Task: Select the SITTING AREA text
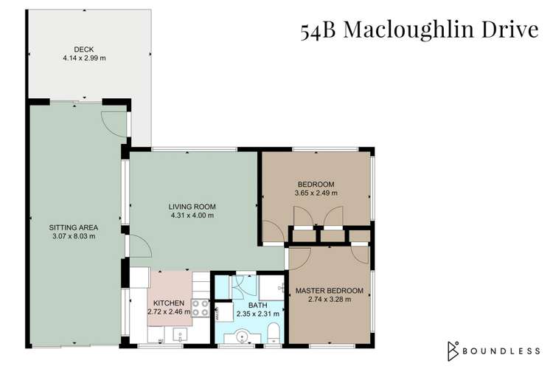pyautogui.click(x=74, y=227)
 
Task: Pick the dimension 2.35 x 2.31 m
pyautogui.click(x=248, y=313)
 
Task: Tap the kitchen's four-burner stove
pyautogui.click(x=200, y=308)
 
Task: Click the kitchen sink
pyautogui.click(x=177, y=337)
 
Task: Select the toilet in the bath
pyautogui.click(x=272, y=331)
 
